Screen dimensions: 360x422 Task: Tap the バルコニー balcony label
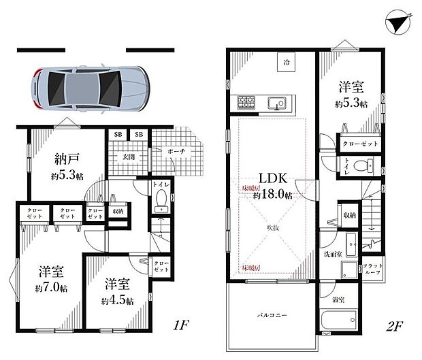click(x=271, y=316)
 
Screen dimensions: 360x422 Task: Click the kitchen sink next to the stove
click(x=277, y=103)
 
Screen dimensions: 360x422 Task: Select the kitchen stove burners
click(x=246, y=103)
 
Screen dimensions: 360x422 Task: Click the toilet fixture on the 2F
click(x=368, y=165)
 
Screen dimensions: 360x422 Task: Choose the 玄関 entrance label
click(x=128, y=157)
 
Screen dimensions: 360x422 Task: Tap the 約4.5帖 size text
click(x=118, y=300)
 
